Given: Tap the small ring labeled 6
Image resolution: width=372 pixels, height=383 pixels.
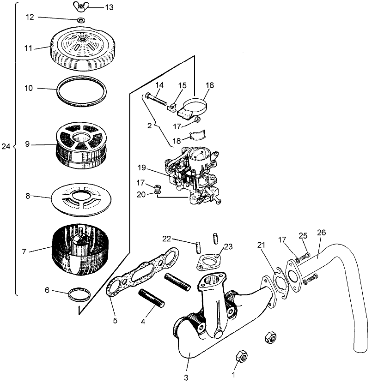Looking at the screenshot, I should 79,294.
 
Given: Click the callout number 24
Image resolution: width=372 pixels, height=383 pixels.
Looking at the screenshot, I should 6,146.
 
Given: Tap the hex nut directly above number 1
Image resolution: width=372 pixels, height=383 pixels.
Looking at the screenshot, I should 241,356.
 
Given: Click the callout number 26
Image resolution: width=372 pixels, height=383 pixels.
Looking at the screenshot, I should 321,233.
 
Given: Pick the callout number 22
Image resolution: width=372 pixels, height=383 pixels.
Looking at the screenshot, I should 167,238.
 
